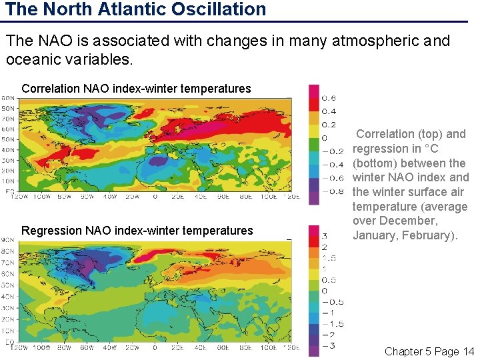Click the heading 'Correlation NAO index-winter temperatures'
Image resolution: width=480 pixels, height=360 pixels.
tap(136, 89)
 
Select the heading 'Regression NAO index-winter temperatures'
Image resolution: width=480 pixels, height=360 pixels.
tap(137, 231)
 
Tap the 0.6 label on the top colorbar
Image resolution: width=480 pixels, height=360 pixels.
tap(329, 97)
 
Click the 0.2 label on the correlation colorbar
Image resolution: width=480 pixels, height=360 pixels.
tap(329, 124)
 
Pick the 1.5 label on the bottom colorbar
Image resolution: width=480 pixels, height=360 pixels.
tap(329, 257)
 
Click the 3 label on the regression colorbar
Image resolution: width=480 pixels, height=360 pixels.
tap(325, 235)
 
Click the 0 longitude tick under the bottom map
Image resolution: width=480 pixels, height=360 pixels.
tap(155, 347)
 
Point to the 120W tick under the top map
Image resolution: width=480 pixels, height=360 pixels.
tap(28, 197)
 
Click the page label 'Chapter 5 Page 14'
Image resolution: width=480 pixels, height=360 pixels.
tap(429, 351)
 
